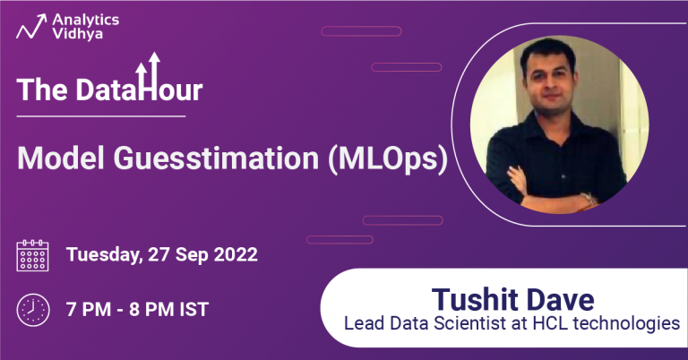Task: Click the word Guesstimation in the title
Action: (x=208, y=159)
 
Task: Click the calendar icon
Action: (x=33, y=255)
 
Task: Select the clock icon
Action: (x=33, y=310)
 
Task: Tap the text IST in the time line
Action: (x=193, y=310)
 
